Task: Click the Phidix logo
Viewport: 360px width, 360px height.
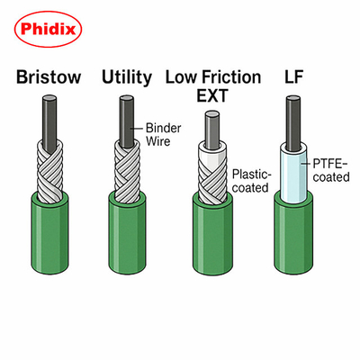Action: [48, 30]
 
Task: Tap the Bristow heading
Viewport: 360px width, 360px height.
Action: [49, 77]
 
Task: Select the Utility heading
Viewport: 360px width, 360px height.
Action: [127, 77]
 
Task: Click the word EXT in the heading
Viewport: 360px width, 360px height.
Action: [212, 95]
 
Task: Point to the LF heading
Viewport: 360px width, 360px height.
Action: [293, 77]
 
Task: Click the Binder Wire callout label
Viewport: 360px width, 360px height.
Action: [163, 135]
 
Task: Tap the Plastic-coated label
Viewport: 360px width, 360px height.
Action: [251, 181]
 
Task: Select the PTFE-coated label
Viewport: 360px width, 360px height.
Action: [331, 170]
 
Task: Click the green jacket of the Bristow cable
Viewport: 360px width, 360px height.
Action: [50, 233]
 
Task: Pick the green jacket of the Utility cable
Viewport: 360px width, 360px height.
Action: [128, 233]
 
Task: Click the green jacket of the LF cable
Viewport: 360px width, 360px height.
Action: [293, 233]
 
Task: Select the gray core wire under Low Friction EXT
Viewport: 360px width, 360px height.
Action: [211, 129]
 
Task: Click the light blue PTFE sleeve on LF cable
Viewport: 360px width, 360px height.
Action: [293, 173]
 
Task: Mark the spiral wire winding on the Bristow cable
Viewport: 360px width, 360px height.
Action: [49, 171]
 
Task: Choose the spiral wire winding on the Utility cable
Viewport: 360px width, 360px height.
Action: [127, 171]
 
